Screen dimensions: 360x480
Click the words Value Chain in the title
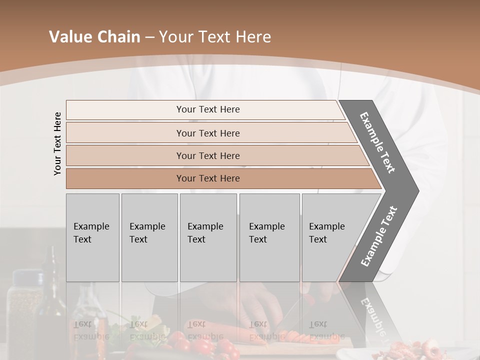point(94,37)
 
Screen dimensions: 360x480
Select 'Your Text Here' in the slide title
point(215,37)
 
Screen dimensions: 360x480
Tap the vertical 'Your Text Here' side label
point(57,143)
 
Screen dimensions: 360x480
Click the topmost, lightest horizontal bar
point(207,109)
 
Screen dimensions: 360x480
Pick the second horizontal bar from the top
point(207,133)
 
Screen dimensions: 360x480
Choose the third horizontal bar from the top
point(207,155)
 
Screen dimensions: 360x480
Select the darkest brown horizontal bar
point(207,178)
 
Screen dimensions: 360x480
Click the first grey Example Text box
point(92,237)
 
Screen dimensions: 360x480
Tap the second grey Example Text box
point(149,237)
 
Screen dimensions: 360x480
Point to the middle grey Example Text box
point(208,237)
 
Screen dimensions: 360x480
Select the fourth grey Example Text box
point(269,237)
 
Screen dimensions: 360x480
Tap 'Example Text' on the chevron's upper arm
point(378,142)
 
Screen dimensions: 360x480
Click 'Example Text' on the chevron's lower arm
point(379,236)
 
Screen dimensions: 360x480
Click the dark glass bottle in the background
point(52,280)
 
